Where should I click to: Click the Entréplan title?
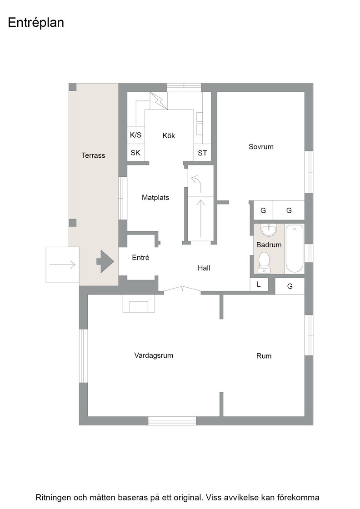tap(36, 23)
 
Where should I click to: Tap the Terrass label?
tap(93, 155)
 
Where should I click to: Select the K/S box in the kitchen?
tap(136, 135)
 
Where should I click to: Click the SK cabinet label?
tap(135, 153)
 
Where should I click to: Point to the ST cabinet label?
tap(202, 153)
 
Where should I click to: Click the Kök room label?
tap(169, 136)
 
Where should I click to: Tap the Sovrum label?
tap(261, 147)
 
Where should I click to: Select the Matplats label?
tap(155, 197)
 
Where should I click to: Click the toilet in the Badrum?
tap(264, 263)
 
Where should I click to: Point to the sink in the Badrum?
tap(269, 230)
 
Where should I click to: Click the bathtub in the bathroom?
tap(295, 249)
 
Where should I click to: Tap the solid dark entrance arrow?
tap(105, 261)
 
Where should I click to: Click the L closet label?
tap(259, 284)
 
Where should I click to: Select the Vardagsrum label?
tap(154, 355)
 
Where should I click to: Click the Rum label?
tap(264, 356)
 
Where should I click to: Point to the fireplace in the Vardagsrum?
tap(139, 304)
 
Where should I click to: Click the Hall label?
tap(204, 268)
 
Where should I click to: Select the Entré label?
tap(140, 258)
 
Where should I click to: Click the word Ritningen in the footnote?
tap(53, 498)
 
